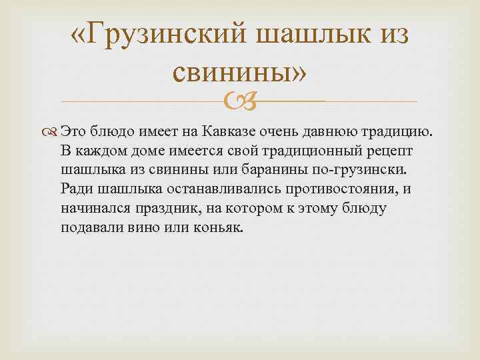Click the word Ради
coord(75,188)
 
